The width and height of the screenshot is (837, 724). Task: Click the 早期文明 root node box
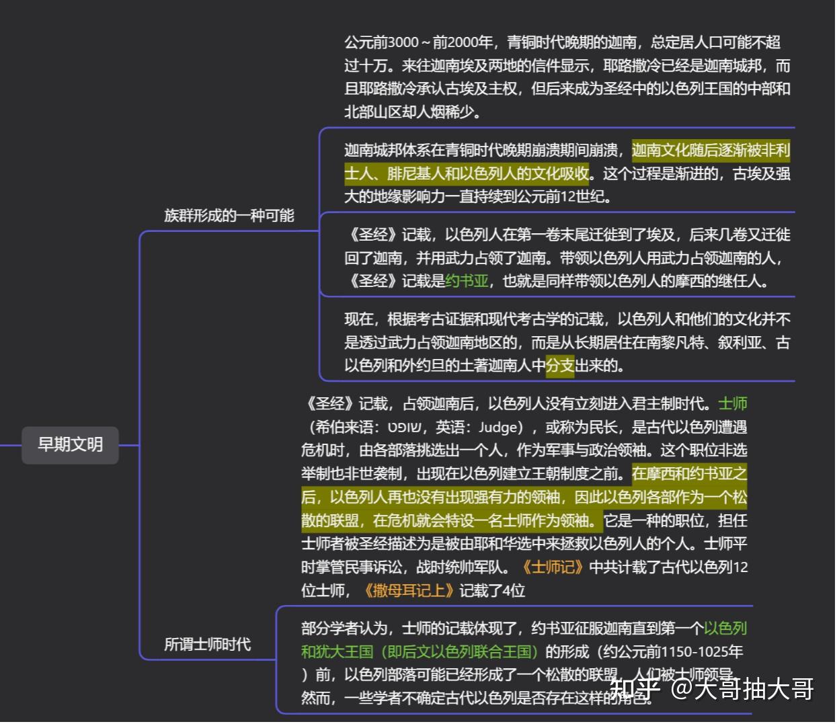coord(70,445)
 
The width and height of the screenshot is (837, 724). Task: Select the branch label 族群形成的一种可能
coord(229,216)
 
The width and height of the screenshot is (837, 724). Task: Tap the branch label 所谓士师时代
coord(207,645)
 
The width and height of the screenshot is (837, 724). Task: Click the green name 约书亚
coord(467,281)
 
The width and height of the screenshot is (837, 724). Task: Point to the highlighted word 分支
coord(560,366)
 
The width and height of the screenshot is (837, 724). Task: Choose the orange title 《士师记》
coord(553,567)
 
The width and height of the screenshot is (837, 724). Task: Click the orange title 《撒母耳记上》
coord(408,591)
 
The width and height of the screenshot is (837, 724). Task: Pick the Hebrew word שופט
coord(405,428)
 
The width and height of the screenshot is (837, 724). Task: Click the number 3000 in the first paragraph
coord(403,43)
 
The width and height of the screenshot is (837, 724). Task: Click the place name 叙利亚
coord(739,343)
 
